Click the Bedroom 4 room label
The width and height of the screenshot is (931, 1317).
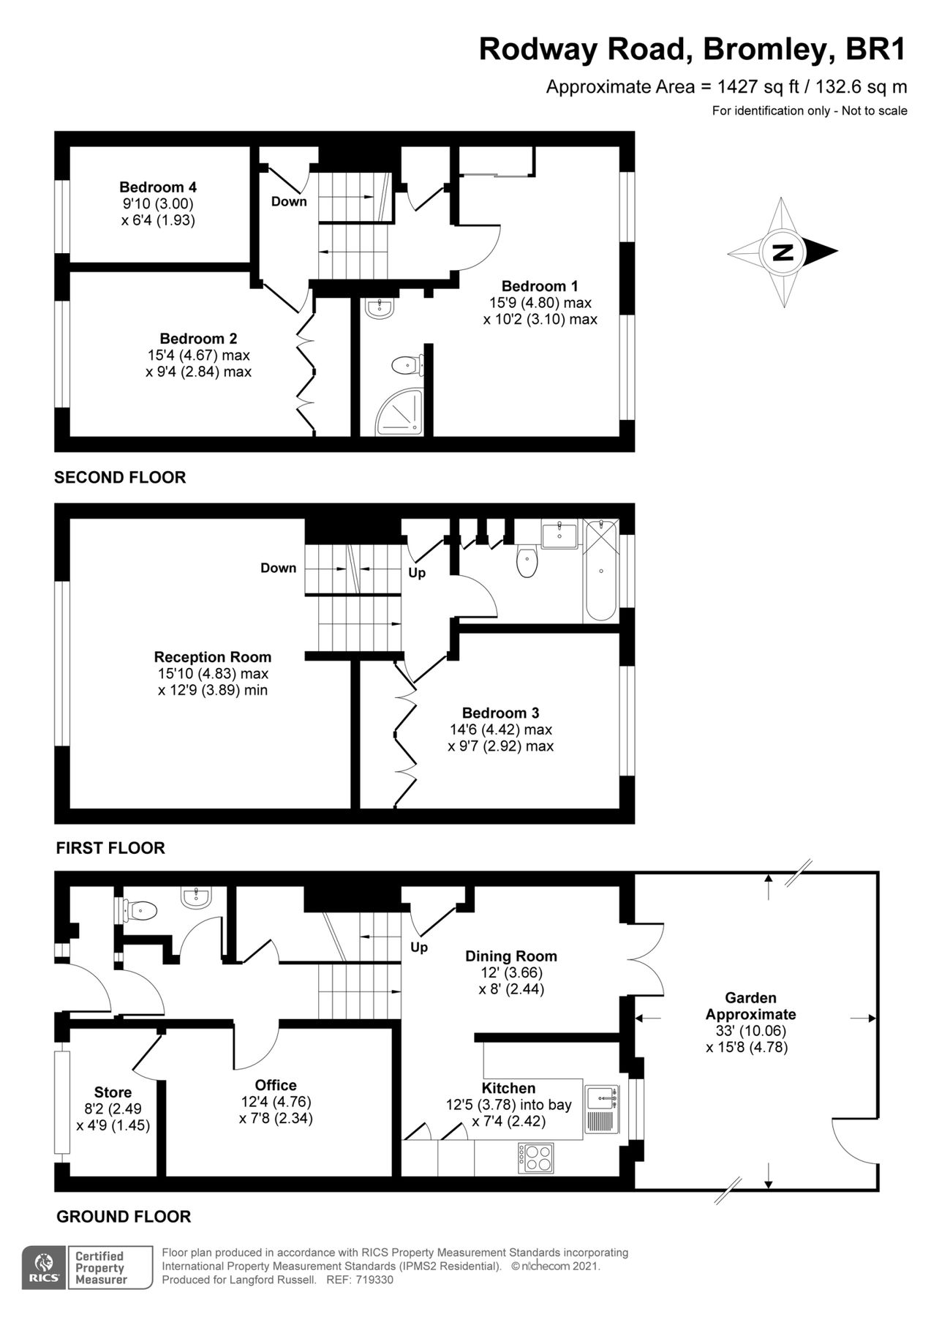158,187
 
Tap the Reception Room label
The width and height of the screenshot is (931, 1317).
213,657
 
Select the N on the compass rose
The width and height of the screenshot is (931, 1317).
783,252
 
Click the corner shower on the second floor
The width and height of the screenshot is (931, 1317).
400,413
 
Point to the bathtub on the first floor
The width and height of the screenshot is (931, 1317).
601,570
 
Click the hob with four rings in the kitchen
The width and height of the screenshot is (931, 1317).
538,1156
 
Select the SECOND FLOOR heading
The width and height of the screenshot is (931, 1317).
120,477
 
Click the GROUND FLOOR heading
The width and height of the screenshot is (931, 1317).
124,1216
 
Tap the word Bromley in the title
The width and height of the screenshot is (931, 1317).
770,50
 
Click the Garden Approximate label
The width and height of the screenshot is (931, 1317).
751,1006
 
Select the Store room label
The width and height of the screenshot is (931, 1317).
113,1092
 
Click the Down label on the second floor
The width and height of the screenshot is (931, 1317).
289,201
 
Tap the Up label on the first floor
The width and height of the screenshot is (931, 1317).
417,573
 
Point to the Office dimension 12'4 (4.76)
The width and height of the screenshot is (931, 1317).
276,1102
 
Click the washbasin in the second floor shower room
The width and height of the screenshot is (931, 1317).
380,307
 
